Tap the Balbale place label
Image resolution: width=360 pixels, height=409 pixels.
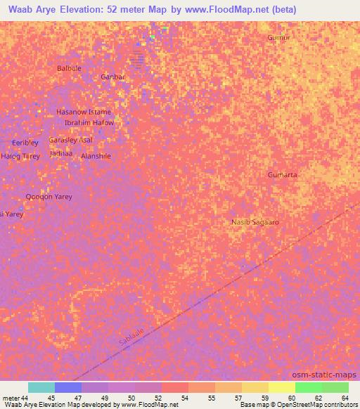[69, 68]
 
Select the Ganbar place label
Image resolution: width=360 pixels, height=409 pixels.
[112, 77]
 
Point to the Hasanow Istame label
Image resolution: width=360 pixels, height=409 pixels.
[84, 112]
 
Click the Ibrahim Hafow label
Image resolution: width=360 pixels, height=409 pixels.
[89, 122]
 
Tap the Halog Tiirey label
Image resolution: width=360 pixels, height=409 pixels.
[20, 156]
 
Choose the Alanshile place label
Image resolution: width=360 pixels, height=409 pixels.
[96, 157]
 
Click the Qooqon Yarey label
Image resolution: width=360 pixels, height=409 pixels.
[49, 197]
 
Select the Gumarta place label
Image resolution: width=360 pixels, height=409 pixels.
[283, 174]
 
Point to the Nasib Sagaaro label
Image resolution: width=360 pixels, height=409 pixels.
[255, 222]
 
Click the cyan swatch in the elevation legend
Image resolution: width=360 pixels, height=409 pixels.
[41, 387]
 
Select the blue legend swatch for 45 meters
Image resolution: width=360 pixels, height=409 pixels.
[68, 387]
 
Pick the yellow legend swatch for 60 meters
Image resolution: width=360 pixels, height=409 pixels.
[281, 387]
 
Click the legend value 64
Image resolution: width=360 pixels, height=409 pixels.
[345, 398]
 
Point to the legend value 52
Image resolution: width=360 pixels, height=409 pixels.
[157, 398]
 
